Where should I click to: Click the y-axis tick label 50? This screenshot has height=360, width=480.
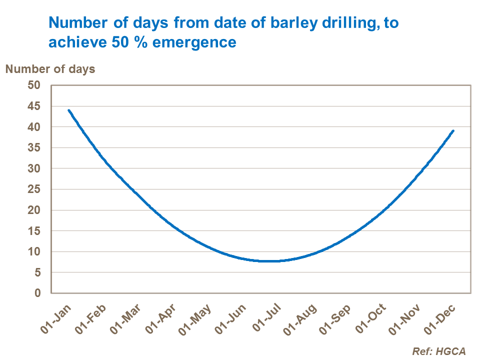tap(33, 85)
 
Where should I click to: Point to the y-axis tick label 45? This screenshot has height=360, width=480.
tap(33, 106)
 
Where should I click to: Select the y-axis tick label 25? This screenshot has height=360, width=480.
tap(33, 189)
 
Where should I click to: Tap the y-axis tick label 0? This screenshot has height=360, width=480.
tap(37, 293)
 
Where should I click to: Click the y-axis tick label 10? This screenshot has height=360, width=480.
tap(33, 251)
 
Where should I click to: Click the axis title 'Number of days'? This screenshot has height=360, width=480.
tap(50, 69)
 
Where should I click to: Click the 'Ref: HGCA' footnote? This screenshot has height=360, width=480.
tap(438, 351)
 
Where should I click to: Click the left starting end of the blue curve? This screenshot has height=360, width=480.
tap(68, 110)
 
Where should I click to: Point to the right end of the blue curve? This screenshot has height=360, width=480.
tap(453, 131)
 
